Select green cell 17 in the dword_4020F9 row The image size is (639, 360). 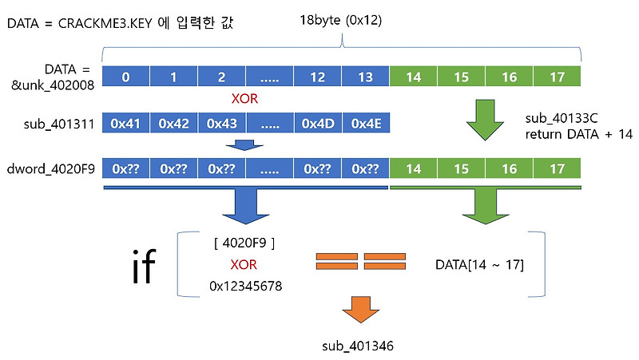[556, 168]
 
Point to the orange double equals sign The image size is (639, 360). [362, 261]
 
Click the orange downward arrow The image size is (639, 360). [362, 307]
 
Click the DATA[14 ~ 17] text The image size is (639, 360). [479, 263]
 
